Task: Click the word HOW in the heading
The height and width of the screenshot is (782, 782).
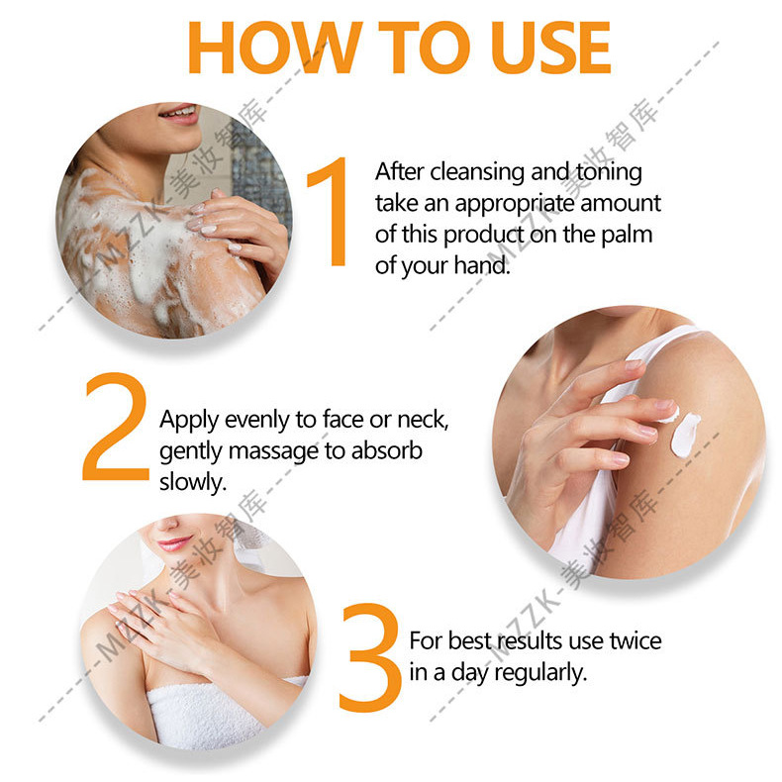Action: point(275,48)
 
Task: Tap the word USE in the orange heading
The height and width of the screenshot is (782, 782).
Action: point(550,48)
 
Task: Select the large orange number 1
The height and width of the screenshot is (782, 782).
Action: point(330,212)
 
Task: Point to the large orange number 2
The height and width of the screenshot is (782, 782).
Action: point(116,427)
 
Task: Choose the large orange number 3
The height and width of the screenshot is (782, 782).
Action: point(370,657)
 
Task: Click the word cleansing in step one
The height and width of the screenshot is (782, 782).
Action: point(478,172)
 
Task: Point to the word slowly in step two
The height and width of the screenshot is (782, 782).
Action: point(192,482)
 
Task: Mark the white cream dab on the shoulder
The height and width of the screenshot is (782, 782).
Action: point(685,434)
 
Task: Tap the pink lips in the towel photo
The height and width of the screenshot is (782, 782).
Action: point(174,542)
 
